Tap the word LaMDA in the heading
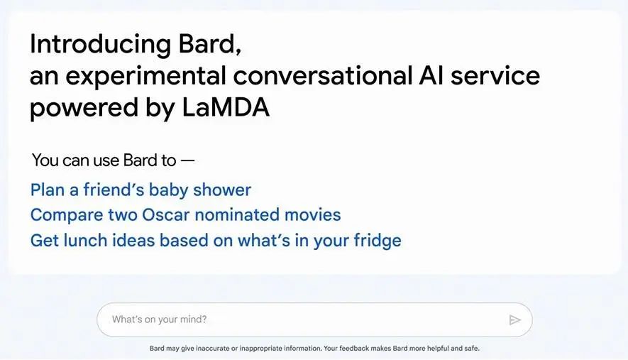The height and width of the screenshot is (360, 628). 226,107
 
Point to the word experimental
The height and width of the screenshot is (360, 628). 145,77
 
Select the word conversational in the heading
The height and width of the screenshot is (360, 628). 323,75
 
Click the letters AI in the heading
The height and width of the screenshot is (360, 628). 431,75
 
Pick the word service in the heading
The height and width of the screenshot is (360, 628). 495,75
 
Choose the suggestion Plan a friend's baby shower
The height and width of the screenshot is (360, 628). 141,190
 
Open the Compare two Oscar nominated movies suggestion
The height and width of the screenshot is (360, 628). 185,214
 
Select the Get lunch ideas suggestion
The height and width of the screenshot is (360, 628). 216,241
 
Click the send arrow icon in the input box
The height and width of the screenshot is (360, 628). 514,320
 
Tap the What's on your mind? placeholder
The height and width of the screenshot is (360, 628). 160,319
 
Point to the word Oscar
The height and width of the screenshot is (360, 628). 165,214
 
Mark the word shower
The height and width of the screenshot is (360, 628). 222,190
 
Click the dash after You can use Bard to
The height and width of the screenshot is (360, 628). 187,160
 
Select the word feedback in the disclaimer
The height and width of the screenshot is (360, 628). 353,349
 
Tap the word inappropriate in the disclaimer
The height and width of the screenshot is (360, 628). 260,349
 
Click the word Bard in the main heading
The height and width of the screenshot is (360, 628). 209,44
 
